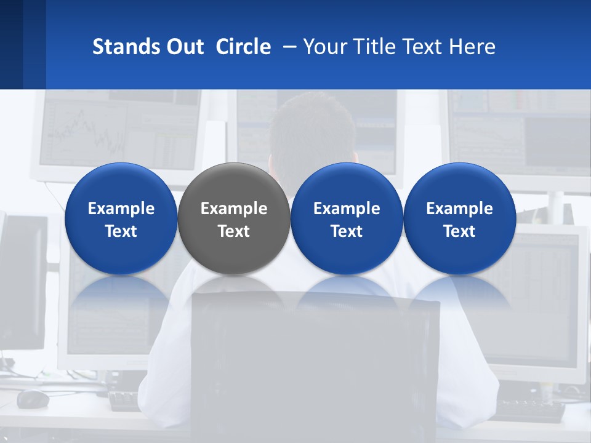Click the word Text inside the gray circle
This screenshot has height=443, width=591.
pos(233,231)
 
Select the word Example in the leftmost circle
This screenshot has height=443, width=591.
pos(121,209)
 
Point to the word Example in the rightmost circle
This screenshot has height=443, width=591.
pos(459,209)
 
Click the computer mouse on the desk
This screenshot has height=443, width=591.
pos(33,399)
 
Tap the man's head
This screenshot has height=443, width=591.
pos(312,132)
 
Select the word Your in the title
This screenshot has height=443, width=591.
pos(325,47)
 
